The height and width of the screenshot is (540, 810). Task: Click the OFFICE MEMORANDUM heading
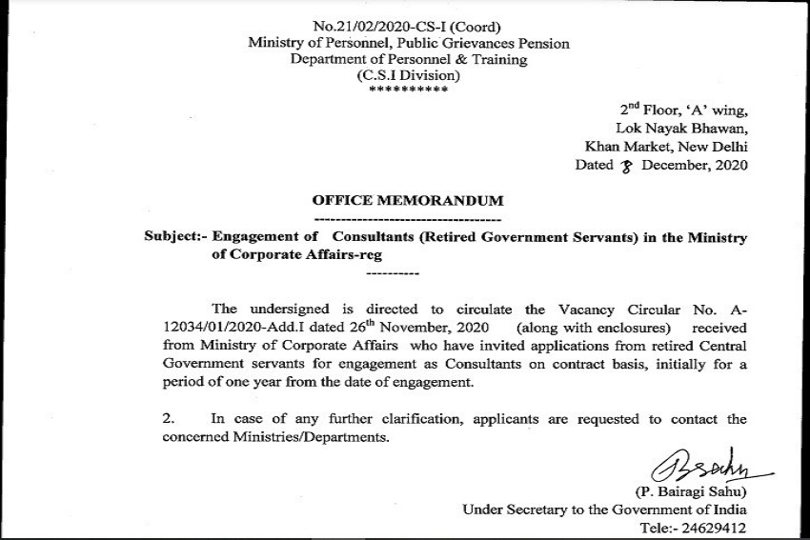point(407,202)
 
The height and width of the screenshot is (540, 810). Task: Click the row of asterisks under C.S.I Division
point(407,90)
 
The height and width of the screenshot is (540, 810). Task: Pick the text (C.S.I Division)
point(407,75)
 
